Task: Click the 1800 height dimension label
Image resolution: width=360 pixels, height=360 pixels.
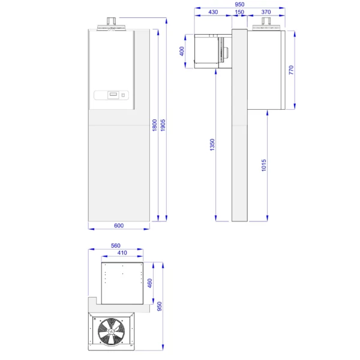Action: pos(155,125)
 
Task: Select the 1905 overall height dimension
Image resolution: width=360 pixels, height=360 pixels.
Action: pos(163,125)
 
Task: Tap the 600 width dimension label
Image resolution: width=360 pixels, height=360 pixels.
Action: pos(119,226)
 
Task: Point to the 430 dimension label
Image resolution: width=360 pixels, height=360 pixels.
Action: pos(213,12)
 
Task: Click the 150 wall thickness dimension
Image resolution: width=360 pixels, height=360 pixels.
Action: pos(239,12)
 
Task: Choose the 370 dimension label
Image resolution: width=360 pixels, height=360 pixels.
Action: pos(266,12)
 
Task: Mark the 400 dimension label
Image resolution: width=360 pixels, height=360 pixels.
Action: pos(182,51)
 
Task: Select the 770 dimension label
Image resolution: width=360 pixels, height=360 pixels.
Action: pos(291,70)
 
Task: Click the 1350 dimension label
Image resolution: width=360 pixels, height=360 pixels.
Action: pos(212,145)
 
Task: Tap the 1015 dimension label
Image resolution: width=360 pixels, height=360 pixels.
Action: pos(264,166)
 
